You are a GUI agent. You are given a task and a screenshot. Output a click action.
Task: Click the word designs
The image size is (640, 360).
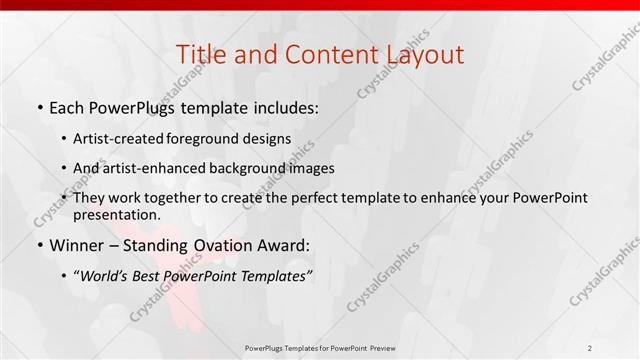click(x=270, y=139)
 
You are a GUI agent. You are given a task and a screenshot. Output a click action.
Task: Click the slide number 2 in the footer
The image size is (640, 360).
click(x=590, y=348)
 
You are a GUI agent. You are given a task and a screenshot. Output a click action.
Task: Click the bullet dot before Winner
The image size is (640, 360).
click(x=39, y=246)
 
